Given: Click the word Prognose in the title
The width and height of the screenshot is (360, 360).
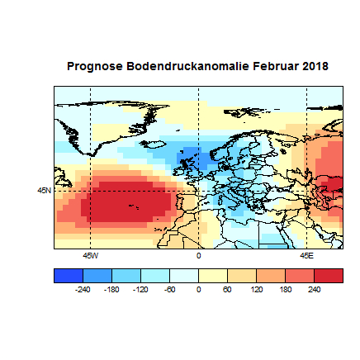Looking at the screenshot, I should point(93,65).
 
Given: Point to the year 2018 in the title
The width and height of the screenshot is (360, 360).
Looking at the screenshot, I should point(315,65).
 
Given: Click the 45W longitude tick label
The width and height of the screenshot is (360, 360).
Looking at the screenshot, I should point(90,255).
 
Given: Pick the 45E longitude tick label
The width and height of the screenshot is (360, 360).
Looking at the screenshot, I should point(306,255).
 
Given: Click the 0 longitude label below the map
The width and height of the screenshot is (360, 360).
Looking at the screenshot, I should point(198,255).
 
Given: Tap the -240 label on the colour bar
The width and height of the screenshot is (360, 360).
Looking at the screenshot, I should point(83,290).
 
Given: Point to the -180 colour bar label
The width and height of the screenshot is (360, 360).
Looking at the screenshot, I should point(111,290).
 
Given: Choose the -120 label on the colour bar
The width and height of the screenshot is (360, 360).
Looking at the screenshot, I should point(140,290).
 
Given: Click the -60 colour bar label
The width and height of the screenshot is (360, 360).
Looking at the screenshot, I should point(169,290).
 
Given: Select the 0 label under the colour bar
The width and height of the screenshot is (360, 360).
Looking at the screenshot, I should point(198,290).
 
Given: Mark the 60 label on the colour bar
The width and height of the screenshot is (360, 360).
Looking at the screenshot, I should point(227,290).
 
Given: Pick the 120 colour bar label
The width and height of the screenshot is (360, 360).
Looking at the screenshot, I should point(256,290).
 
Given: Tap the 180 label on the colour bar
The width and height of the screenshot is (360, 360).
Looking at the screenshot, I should point(285,290).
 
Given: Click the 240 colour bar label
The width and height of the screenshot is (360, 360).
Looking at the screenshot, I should point(314,290).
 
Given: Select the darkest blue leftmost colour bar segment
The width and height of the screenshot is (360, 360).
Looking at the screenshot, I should point(68,276).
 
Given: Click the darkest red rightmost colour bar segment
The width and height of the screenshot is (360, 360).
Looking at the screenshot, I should point(329,276).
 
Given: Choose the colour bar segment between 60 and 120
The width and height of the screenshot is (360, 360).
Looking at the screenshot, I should point(241,276).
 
